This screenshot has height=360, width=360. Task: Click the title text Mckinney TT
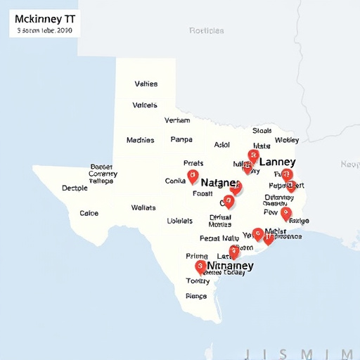[x=44, y=18]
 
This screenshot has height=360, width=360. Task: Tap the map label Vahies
[x=146, y=84]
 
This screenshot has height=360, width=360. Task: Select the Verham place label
[x=176, y=120]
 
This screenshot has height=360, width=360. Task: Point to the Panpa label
[x=181, y=140]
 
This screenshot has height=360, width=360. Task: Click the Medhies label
[x=140, y=140]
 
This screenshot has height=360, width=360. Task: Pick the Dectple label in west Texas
[x=75, y=188]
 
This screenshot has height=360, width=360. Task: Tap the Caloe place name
[x=89, y=213]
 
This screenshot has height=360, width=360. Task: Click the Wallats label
[x=143, y=207]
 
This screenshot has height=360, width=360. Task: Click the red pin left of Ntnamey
[x=200, y=266]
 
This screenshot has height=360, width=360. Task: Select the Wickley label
[x=286, y=140]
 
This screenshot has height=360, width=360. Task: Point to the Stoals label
[x=262, y=130]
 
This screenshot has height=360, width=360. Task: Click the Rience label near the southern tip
[x=196, y=296]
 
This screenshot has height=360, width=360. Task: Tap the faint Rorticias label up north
[x=207, y=31]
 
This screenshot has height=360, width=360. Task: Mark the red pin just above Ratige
[x=285, y=212]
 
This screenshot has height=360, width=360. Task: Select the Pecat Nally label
[x=219, y=238]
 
